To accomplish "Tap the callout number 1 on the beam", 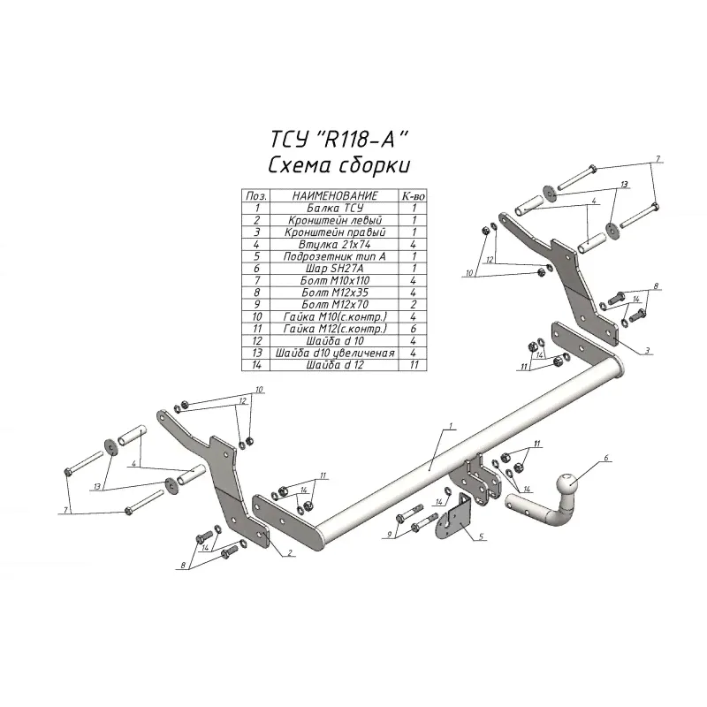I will [451, 427].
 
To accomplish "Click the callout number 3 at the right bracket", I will [647, 351].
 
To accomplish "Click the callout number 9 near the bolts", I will [389, 535].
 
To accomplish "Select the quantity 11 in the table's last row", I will [413, 364].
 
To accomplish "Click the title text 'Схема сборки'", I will [339, 167].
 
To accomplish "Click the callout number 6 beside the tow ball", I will [607, 458].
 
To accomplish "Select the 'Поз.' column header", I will [256, 194].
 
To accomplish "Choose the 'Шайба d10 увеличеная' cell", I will [333, 352].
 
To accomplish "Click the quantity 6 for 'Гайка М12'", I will [413, 328].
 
